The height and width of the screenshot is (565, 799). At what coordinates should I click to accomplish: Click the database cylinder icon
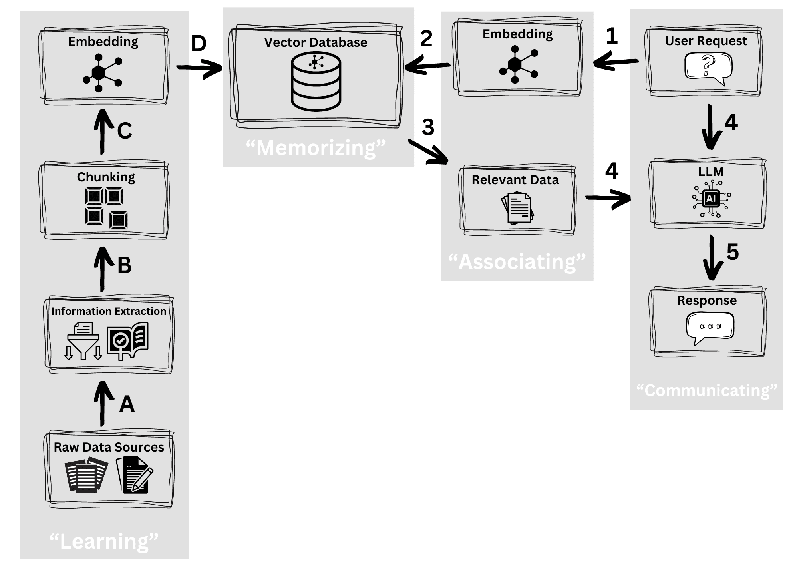click(316, 82)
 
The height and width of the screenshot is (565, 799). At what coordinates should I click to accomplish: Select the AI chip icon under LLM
click(711, 199)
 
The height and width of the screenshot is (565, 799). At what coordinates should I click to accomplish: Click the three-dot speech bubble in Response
click(710, 328)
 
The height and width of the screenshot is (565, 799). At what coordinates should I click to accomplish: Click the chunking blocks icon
click(106, 208)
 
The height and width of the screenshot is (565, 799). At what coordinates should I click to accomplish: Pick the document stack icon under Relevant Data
click(517, 208)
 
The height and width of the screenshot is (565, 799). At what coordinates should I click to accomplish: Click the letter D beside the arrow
click(199, 44)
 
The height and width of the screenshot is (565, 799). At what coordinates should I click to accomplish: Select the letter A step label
click(127, 404)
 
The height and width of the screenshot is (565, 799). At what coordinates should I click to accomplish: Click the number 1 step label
click(612, 36)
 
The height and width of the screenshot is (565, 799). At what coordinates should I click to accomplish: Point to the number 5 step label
click(732, 252)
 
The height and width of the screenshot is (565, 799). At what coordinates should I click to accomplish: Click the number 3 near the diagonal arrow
click(428, 127)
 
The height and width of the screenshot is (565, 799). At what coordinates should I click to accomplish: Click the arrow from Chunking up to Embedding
click(103, 132)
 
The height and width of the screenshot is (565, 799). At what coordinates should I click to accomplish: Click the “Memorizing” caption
click(316, 148)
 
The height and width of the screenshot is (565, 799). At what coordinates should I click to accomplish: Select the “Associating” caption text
click(517, 262)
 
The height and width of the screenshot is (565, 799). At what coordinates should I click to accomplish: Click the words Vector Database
click(316, 42)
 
